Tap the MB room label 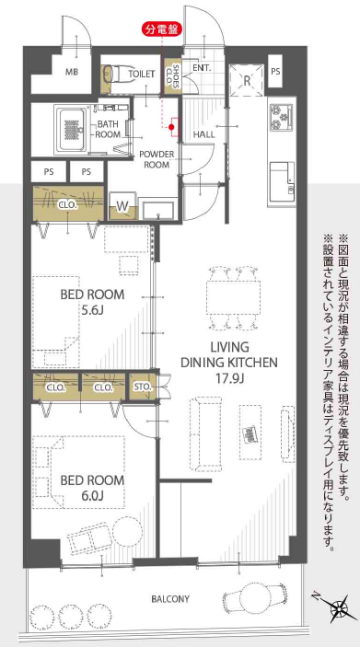click(70, 72)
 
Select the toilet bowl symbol click(113, 74)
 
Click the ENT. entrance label click(203, 68)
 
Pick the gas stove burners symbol click(281, 116)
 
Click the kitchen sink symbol click(281, 177)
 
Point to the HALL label click(204, 134)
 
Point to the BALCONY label click(170, 599)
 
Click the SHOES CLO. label click(172, 73)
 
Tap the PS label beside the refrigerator click(275, 72)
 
